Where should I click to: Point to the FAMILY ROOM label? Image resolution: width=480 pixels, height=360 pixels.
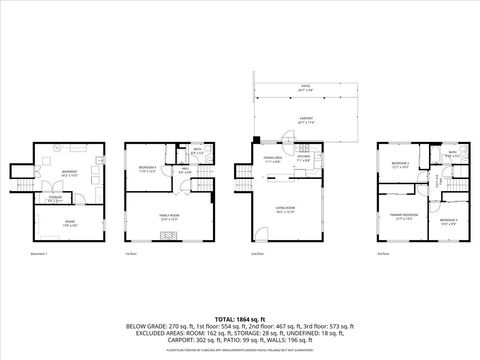pyautogui.click(x=167, y=214)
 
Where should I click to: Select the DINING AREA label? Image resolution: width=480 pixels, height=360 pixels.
pyautogui.click(x=271, y=157)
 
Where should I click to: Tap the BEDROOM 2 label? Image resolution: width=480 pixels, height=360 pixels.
pyautogui.click(x=448, y=219)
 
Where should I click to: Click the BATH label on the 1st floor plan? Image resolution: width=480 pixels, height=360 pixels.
pyautogui.click(x=196, y=150)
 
